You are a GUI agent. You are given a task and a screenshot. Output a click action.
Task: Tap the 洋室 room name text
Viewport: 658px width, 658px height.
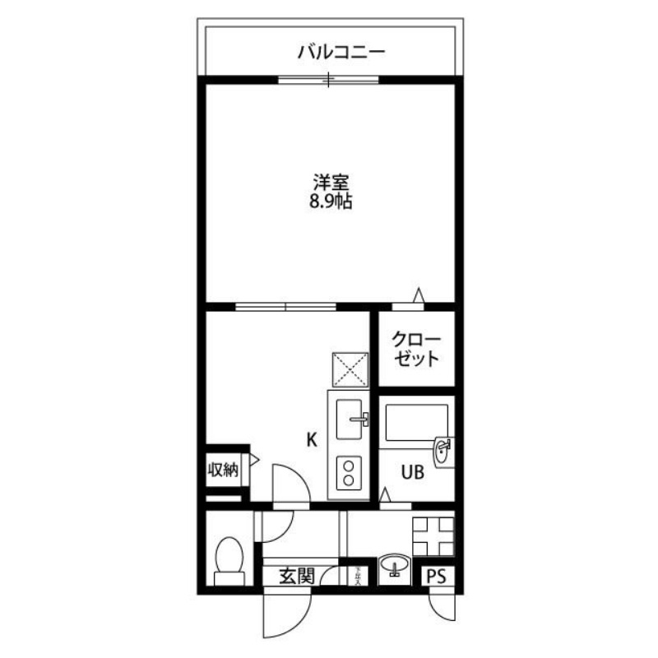click(327, 182)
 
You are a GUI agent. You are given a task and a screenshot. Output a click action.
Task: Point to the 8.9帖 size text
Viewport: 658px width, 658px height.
click(327, 202)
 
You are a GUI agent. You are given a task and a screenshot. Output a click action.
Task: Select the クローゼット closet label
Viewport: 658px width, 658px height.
click(415, 350)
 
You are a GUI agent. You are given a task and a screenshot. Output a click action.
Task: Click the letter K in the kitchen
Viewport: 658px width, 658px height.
click(312, 440)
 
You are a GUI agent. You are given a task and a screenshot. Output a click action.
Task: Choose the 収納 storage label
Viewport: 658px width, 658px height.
click(222, 470)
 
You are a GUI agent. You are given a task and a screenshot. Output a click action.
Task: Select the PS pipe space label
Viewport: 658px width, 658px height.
click(437, 577)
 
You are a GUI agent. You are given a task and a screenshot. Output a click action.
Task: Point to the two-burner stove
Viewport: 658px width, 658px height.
click(350, 474)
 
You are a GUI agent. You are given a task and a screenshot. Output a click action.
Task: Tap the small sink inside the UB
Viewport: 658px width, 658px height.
click(443, 451)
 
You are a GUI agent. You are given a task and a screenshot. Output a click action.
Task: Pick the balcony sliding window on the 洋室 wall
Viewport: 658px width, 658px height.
click(328, 80)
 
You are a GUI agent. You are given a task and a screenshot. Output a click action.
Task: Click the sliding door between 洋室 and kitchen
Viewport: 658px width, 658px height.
click(285, 307)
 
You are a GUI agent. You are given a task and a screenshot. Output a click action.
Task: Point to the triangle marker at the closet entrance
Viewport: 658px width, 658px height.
click(418, 294)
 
